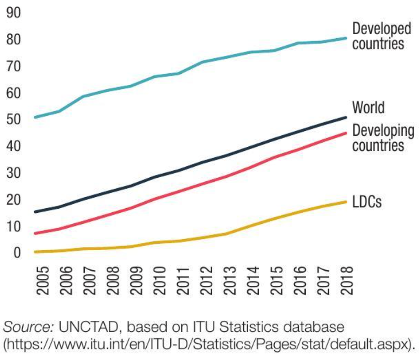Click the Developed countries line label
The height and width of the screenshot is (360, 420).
[x=382, y=36]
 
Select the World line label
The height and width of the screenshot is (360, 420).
[x=368, y=108]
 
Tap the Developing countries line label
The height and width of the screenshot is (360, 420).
[x=383, y=138]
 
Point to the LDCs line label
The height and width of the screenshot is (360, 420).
[x=367, y=202]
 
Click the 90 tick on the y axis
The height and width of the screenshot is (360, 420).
[x=14, y=13]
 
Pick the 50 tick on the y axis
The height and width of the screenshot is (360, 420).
[x=14, y=120]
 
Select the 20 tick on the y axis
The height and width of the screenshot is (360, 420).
[x=14, y=200]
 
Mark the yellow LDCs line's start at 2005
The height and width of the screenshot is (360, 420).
[x=35, y=252]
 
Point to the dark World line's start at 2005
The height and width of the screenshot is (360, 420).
[x=35, y=212]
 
